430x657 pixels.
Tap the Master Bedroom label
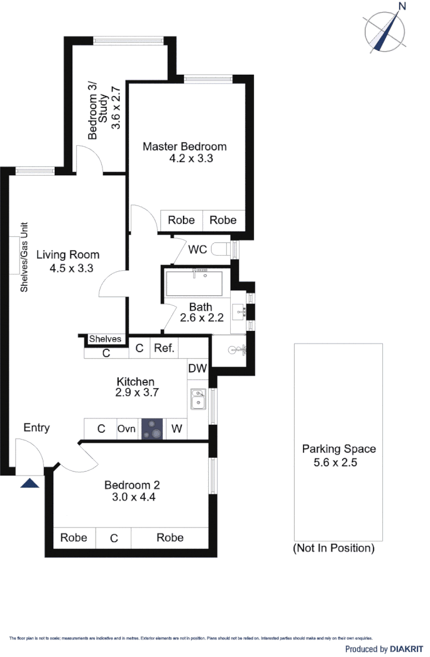(x=184, y=146)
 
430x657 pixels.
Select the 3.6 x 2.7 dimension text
(x=116, y=109)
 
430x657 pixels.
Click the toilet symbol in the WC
(x=221, y=249)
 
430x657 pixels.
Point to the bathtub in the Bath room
(x=197, y=284)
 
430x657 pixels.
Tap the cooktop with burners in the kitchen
(x=153, y=429)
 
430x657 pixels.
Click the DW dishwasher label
(x=197, y=369)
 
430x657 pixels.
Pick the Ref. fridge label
(x=163, y=348)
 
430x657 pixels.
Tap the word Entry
(x=36, y=428)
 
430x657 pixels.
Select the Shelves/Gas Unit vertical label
(x=25, y=257)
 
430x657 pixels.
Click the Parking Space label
(x=339, y=449)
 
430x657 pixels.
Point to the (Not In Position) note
(x=334, y=548)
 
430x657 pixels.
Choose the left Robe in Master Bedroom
(x=181, y=220)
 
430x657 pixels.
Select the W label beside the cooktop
(x=177, y=430)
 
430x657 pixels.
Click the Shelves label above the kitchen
(x=105, y=339)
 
